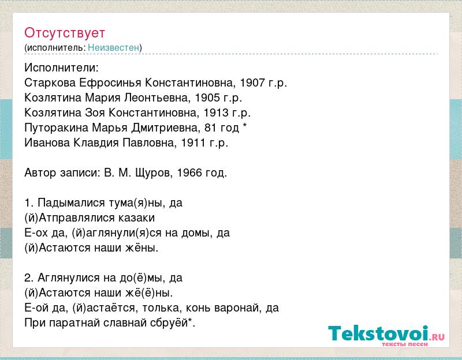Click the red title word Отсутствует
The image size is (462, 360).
pos(65,33)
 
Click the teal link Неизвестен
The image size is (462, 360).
pos(113,47)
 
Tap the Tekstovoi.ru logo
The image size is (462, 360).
pos(386,336)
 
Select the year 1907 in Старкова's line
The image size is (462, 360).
pos(252,82)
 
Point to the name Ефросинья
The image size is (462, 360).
pos(110,83)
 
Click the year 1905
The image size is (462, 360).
pos(207,97)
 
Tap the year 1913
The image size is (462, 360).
pos(216,112)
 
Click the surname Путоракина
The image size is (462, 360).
pos(56,128)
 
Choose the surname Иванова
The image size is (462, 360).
pos(47,142)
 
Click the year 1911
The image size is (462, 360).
pos(193,142)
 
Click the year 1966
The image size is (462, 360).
pos(189,172)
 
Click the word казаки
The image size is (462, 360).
pos(136,218)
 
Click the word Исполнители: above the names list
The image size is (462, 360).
pos(61,67)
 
